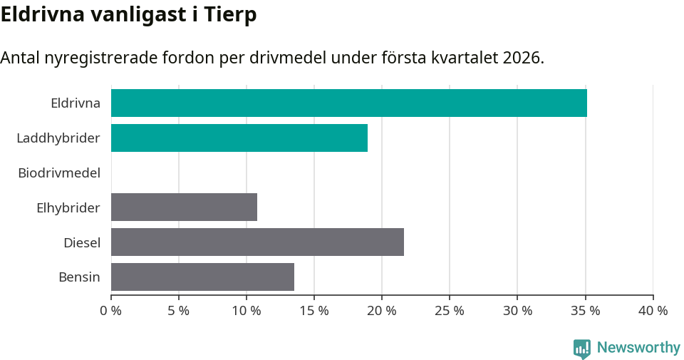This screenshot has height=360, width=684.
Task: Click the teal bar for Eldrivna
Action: click(349, 103)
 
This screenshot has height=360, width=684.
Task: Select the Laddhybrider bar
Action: click(239, 138)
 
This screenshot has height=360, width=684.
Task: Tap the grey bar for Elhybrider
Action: click(184, 207)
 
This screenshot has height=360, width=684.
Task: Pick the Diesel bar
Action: click(257, 242)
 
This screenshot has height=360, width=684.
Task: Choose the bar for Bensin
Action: click(202, 277)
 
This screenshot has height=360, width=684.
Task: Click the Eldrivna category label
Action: click(76, 103)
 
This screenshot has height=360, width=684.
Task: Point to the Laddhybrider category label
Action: click(58, 138)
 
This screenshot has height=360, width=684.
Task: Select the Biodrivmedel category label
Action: click(59, 173)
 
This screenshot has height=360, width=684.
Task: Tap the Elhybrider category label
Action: click(68, 207)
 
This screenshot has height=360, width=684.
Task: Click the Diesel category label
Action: click(82, 242)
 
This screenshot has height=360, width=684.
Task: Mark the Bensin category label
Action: click(79, 277)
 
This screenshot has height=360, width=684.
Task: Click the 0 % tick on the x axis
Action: click(111, 311)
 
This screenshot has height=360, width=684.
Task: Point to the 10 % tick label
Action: click(247, 311)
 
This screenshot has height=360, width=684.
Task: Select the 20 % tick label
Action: click(382, 311)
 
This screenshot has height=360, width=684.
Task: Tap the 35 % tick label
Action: click(585, 311)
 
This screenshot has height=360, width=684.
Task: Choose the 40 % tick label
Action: click(653, 311)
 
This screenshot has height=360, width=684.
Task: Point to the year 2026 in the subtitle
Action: click(521, 58)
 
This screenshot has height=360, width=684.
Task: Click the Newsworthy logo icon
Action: click(582, 348)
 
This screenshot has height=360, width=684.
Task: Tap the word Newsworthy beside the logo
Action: click(638, 348)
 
